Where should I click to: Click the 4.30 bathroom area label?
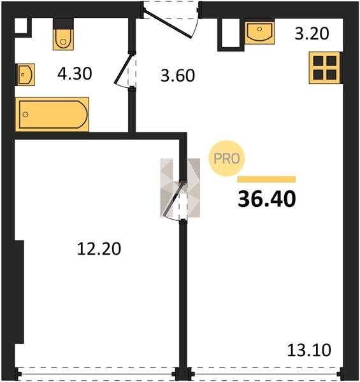[75, 74]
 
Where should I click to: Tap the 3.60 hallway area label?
[178, 76]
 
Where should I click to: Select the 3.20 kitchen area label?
[312, 34]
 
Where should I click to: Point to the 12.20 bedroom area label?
[99, 249]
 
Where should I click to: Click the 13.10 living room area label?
[309, 350]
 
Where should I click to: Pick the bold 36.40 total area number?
[267, 199]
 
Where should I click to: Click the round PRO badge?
[226, 159]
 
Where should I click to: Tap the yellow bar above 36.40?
[266, 180]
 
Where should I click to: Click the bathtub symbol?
[52, 114]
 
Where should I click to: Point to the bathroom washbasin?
[25, 74]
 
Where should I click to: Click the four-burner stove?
[325, 67]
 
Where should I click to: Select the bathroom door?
[125, 71]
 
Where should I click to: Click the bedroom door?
[175, 201]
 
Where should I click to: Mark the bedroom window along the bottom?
[97, 374]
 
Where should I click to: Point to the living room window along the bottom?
[265, 374]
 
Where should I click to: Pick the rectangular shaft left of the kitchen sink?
[231, 35]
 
